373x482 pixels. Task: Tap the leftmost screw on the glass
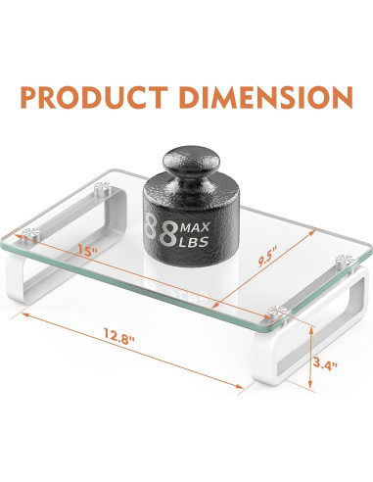pos(28,233)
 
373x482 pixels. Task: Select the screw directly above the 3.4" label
pos(273,312)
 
